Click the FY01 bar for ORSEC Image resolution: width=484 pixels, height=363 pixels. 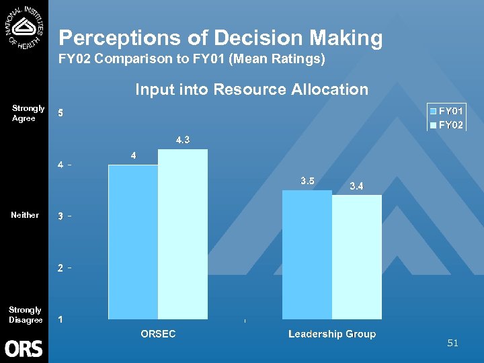click(133, 242)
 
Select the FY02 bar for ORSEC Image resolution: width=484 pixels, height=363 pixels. click(183, 234)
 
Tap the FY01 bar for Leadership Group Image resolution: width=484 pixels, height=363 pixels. click(307, 255)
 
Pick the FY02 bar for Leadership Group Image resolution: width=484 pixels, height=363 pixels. click(357, 257)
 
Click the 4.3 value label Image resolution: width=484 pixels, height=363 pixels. click(183, 140)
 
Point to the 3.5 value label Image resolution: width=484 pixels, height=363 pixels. click(308, 181)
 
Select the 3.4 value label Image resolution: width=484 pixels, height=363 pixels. click(357, 186)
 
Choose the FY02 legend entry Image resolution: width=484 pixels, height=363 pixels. click(447, 125)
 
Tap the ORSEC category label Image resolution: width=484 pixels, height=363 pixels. click(158, 334)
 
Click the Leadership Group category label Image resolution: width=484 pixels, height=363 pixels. click(332, 334)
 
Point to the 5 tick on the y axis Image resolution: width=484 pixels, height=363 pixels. click(61, 113)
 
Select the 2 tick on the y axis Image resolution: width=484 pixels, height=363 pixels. click(61, 268)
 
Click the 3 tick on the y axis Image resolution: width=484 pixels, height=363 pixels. click(61, 216)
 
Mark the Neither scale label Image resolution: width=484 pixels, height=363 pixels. click(25, 215)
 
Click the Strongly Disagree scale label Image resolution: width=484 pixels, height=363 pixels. click(25, 315)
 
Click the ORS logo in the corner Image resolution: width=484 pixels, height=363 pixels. click(24, 348)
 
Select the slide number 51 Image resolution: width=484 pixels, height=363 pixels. click(452, 344)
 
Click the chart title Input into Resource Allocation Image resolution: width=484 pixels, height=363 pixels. click(251, 89)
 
